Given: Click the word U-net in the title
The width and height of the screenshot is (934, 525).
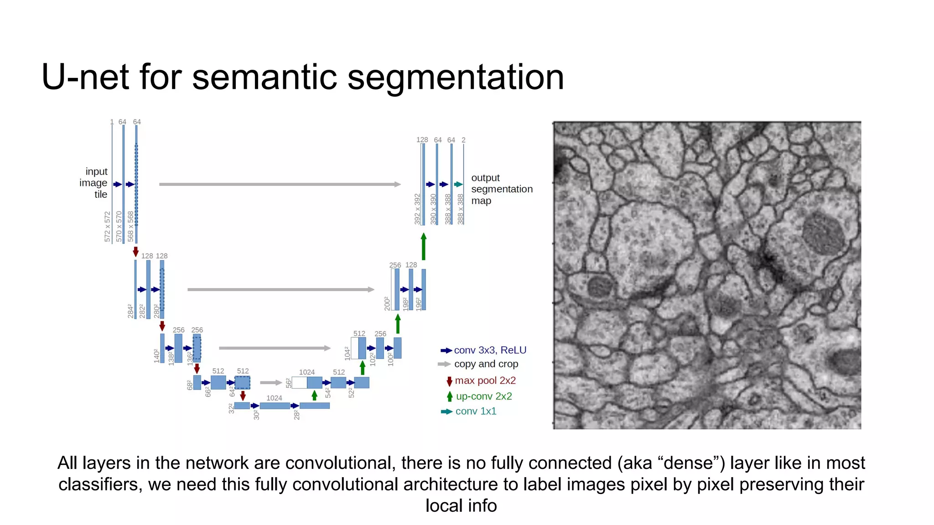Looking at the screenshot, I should [86, 77].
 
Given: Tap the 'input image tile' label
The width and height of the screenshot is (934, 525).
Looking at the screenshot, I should [94, 183].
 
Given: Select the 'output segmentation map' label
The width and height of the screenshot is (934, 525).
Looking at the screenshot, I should [501, 189].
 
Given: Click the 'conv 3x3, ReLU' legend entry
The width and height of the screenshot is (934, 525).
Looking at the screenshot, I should [490, 350].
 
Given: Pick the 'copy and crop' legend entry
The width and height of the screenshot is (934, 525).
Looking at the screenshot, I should [486, 364].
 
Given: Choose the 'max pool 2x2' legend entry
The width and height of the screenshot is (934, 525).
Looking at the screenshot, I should [485, 381].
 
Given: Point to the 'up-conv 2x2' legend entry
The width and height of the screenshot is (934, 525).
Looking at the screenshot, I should [483, 396].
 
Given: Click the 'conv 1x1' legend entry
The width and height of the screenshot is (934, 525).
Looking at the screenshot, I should [476, 411].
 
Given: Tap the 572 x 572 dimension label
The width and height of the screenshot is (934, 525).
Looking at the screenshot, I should [108, 226].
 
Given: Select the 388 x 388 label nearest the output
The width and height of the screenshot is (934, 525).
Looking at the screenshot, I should [461, 209].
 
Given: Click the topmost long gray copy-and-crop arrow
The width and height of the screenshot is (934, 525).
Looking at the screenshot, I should [280, 184].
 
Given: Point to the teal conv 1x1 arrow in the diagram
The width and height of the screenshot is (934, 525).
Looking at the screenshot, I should [458, 184].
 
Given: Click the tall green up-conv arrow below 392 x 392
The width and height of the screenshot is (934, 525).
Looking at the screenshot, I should [424, 247].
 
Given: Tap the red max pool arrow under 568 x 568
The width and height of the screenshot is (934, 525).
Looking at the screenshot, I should [135, 252].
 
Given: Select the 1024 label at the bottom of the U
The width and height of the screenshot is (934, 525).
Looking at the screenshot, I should [274, 398].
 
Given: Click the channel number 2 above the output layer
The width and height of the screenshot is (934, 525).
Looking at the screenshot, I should [463, 140].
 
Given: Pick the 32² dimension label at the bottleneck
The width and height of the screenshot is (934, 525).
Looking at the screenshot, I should [231, 408].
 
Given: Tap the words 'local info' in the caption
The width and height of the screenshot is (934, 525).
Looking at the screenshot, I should [461, 506].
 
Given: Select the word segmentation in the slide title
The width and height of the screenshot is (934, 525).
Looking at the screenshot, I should [456, 77].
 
